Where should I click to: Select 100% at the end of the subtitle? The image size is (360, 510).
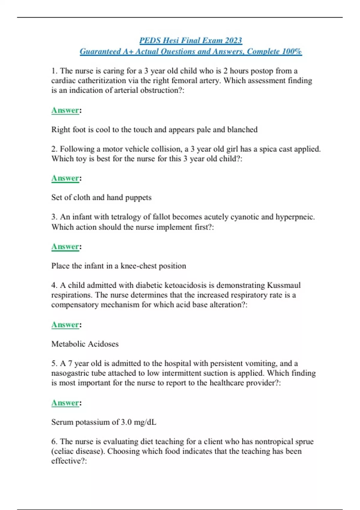pyautogui.click(x=292, y=52)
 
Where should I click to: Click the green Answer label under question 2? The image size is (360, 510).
pyautogui.click(x=65, y=178)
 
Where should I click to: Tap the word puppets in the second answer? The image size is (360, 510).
pyautogui.click(x=138, y=198)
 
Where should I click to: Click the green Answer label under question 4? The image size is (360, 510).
pyautogui.click(x=65, y=325)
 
